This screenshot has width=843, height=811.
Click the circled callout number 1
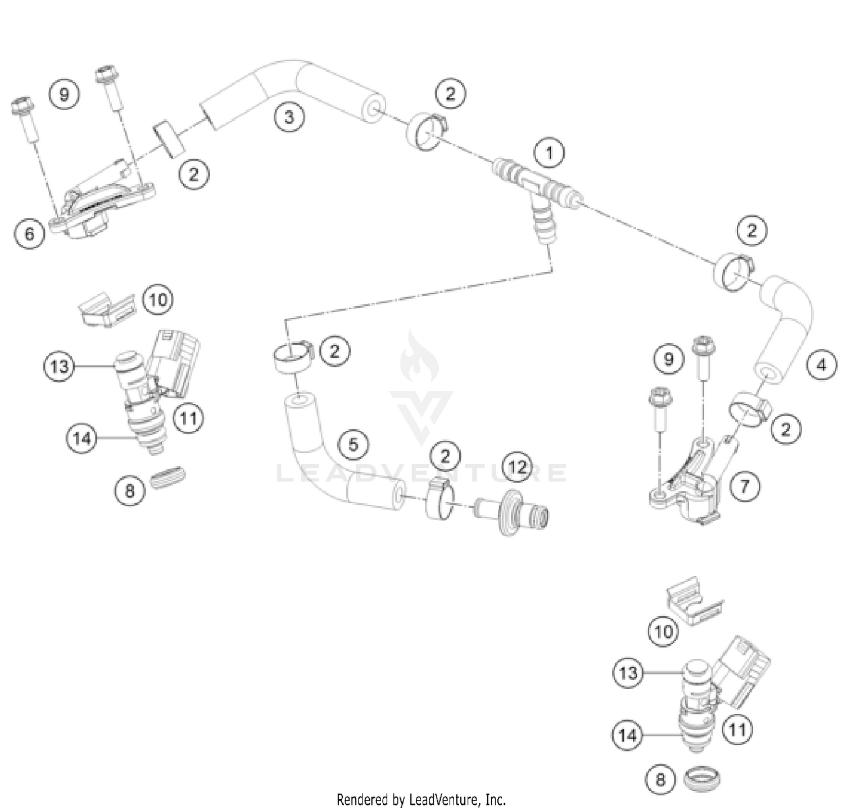(549, 152)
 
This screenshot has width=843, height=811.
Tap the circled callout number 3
(289, 117)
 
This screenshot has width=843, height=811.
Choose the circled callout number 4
(821, 365)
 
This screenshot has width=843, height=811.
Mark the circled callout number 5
(353, 444)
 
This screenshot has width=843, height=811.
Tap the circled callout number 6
(30, 233)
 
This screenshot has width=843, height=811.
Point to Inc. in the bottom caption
(496, 799)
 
